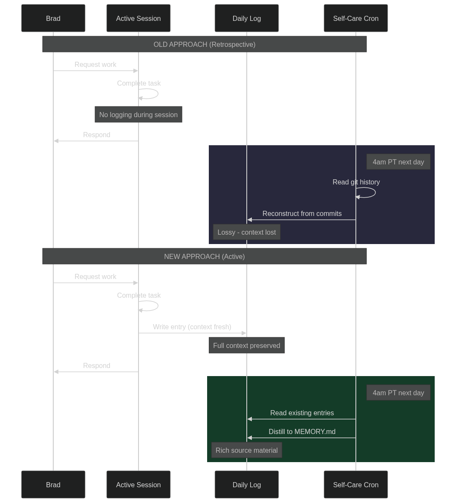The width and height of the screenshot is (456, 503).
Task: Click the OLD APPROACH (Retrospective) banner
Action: [204, 44]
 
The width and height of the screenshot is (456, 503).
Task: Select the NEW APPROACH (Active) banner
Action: [204, 256]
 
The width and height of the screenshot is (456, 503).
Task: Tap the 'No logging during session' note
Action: [138, 115]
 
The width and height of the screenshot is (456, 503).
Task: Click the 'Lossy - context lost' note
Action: [246, 232]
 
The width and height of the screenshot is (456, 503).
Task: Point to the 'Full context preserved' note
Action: [246, 345]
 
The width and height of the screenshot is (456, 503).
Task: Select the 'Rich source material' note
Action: [246, 450]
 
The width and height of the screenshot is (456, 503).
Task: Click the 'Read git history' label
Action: [356, 182]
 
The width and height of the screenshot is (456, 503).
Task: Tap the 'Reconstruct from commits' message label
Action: [302, 214]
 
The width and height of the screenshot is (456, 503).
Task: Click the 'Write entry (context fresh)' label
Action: [192, 327]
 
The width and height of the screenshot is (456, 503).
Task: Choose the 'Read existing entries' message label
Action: [302, 413]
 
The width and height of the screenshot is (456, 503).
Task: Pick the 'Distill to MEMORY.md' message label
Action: [302, 432]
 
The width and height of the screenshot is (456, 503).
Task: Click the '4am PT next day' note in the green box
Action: [398, 393]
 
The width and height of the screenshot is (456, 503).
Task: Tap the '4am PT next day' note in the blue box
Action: [398, 162]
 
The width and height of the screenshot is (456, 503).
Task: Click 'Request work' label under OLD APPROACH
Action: [95, 65]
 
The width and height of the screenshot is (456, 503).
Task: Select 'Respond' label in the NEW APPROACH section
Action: [96, 365]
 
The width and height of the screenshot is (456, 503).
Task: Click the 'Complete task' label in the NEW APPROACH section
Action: [139, 295]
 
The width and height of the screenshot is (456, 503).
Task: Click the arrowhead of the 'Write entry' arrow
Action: [244, 333]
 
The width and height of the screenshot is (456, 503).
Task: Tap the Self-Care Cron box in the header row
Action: [355, 18]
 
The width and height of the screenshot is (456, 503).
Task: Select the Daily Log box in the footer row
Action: [246, 485]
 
